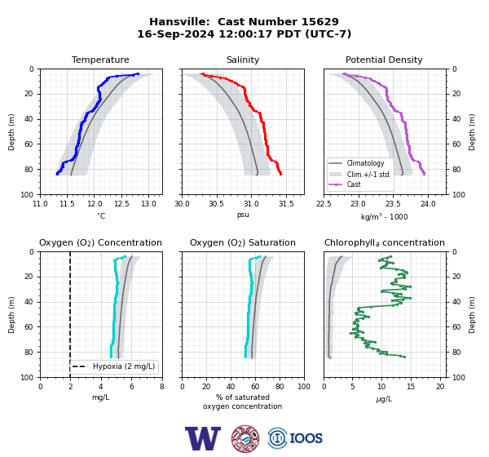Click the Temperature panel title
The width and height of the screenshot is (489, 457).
coord(100,60)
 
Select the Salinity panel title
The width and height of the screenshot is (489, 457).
coord(243,60)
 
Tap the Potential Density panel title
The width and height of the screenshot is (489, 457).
coord(384,60)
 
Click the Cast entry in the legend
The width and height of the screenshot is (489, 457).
coord(354,184)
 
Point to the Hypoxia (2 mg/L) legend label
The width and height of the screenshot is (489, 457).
coord(124,366)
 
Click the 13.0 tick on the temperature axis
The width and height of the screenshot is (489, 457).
coord(149,204)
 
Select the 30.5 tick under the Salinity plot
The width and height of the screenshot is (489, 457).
coord(217,204)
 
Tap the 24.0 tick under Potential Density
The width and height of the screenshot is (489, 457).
coord(428,204)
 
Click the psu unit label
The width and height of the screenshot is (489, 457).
coord(243,215)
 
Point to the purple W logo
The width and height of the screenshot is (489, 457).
coord(203,438)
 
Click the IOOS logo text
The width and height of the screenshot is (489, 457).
coord(306,438)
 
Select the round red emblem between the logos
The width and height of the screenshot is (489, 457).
coord(245,438)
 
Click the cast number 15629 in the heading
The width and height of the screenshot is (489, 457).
coord(319,22)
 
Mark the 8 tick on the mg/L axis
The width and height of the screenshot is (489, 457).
coord(162,387)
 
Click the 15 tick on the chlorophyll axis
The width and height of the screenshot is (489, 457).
coord(411,387)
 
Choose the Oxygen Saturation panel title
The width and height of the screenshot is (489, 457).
coord(243,242)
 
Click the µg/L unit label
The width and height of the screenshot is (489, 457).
coord(384,399)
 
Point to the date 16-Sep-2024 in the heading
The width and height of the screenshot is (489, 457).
coord(176,33)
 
